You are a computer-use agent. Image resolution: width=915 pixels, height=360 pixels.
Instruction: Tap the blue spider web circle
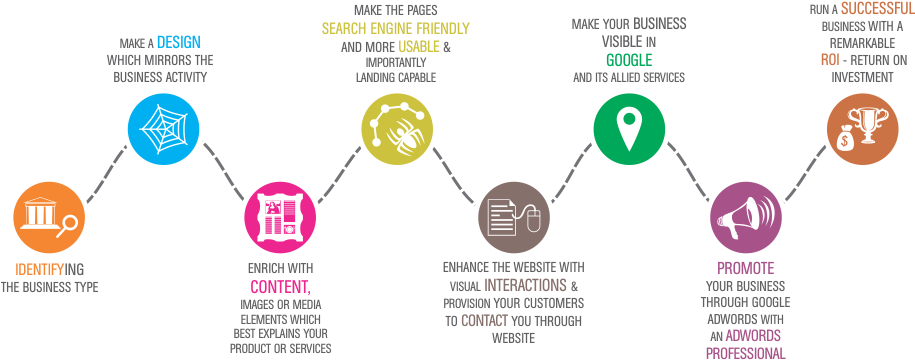click(x=162, y=127)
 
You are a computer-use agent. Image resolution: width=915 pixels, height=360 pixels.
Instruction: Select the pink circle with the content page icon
click(x=279, y=216)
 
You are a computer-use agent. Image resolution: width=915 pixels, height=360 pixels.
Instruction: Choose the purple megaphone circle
click(x=746, y=217)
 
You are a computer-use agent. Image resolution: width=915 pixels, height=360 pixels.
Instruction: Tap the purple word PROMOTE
click(x=745, y=268)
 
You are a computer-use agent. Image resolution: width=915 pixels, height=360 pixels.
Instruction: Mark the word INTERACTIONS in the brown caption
click(x=526, y=285)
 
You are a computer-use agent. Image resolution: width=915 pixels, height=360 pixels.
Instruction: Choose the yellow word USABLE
click(x=416, y=47)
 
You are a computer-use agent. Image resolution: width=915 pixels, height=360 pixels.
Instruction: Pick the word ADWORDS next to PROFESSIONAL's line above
click(x=754, y=335)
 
